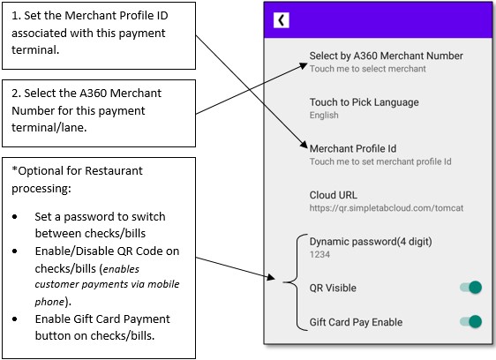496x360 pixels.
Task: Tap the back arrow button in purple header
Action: [x=282, y=20]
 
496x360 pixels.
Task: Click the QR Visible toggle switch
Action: [x=471, y=288]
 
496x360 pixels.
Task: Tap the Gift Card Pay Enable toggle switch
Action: [x=471, y=322]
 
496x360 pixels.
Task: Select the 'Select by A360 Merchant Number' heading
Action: [x=387, y=56]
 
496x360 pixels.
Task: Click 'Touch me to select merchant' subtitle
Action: [x=367, y=69]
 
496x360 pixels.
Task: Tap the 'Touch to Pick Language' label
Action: [x=364, y=102]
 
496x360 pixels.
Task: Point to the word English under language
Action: [x=324, y=116]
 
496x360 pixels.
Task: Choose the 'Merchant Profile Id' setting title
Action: [x=353, y=149]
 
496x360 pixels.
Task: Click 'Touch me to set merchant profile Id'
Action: [x=380, y=161]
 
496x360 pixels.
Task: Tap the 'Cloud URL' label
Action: [x=334, y=195]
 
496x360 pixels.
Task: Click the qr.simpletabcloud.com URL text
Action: [x=387, y=208]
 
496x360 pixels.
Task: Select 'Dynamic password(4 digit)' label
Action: [x=371, y=242]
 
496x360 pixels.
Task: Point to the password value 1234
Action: [x=319, y=255]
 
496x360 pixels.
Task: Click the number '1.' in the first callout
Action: [x=16, y=16]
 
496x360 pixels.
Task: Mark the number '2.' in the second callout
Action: [x=16, y=94]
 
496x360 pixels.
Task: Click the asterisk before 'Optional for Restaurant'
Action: [x=14, y=169]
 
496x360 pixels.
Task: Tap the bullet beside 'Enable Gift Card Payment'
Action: [x=15, y=319]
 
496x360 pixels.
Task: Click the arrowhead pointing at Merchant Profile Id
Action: [x=304, y=145]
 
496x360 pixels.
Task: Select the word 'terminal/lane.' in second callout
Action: [x=49, y=127]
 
